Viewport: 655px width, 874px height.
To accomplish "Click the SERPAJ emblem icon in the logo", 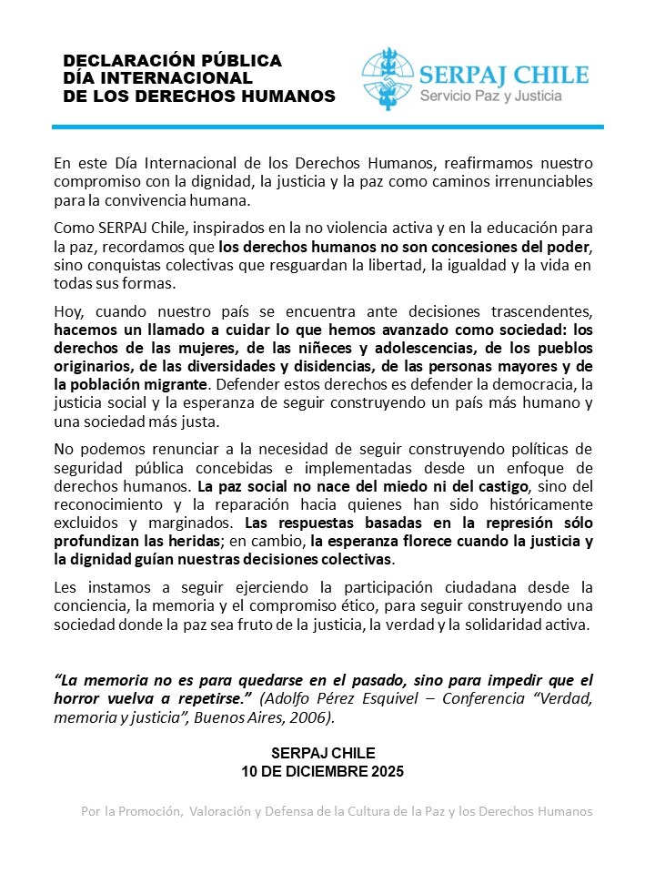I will coord(388,80).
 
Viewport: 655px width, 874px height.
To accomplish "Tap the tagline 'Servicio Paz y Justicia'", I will coord(489,96).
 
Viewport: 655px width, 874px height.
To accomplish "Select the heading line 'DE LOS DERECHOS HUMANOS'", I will coord(199,96).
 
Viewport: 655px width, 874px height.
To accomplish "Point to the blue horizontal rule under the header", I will coord(327,126).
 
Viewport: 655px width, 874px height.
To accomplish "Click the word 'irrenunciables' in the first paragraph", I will coord(547,182).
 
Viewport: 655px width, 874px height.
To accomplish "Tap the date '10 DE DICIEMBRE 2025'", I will coord(322,770).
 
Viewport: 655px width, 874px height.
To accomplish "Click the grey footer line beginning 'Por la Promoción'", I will coord(337,811).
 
